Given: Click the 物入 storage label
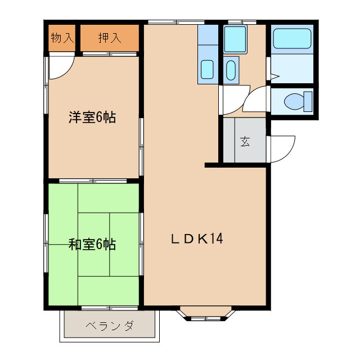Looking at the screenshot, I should [x=62, y=38].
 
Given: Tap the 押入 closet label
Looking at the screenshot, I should [x=109, y=38].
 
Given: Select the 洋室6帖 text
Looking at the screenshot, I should [x=92, y=118].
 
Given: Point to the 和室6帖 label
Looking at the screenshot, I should [x=92, y=244].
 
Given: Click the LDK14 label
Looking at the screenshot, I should [x=197, y=238].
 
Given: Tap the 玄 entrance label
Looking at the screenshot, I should [x=245, y=141].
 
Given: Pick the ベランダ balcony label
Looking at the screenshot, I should [x=110, y=326].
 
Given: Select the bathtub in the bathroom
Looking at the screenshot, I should [x=292, y=39].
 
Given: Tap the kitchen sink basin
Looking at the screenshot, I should [x=207, y=69].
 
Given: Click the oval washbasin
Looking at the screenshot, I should [x=231, y=70].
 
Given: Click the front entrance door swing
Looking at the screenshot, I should [x=283, y=150].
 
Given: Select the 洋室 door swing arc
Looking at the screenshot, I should [x=61, y=67].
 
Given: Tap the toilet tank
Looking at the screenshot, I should [x=307, y=102].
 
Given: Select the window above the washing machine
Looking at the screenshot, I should [x=242, y=22].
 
